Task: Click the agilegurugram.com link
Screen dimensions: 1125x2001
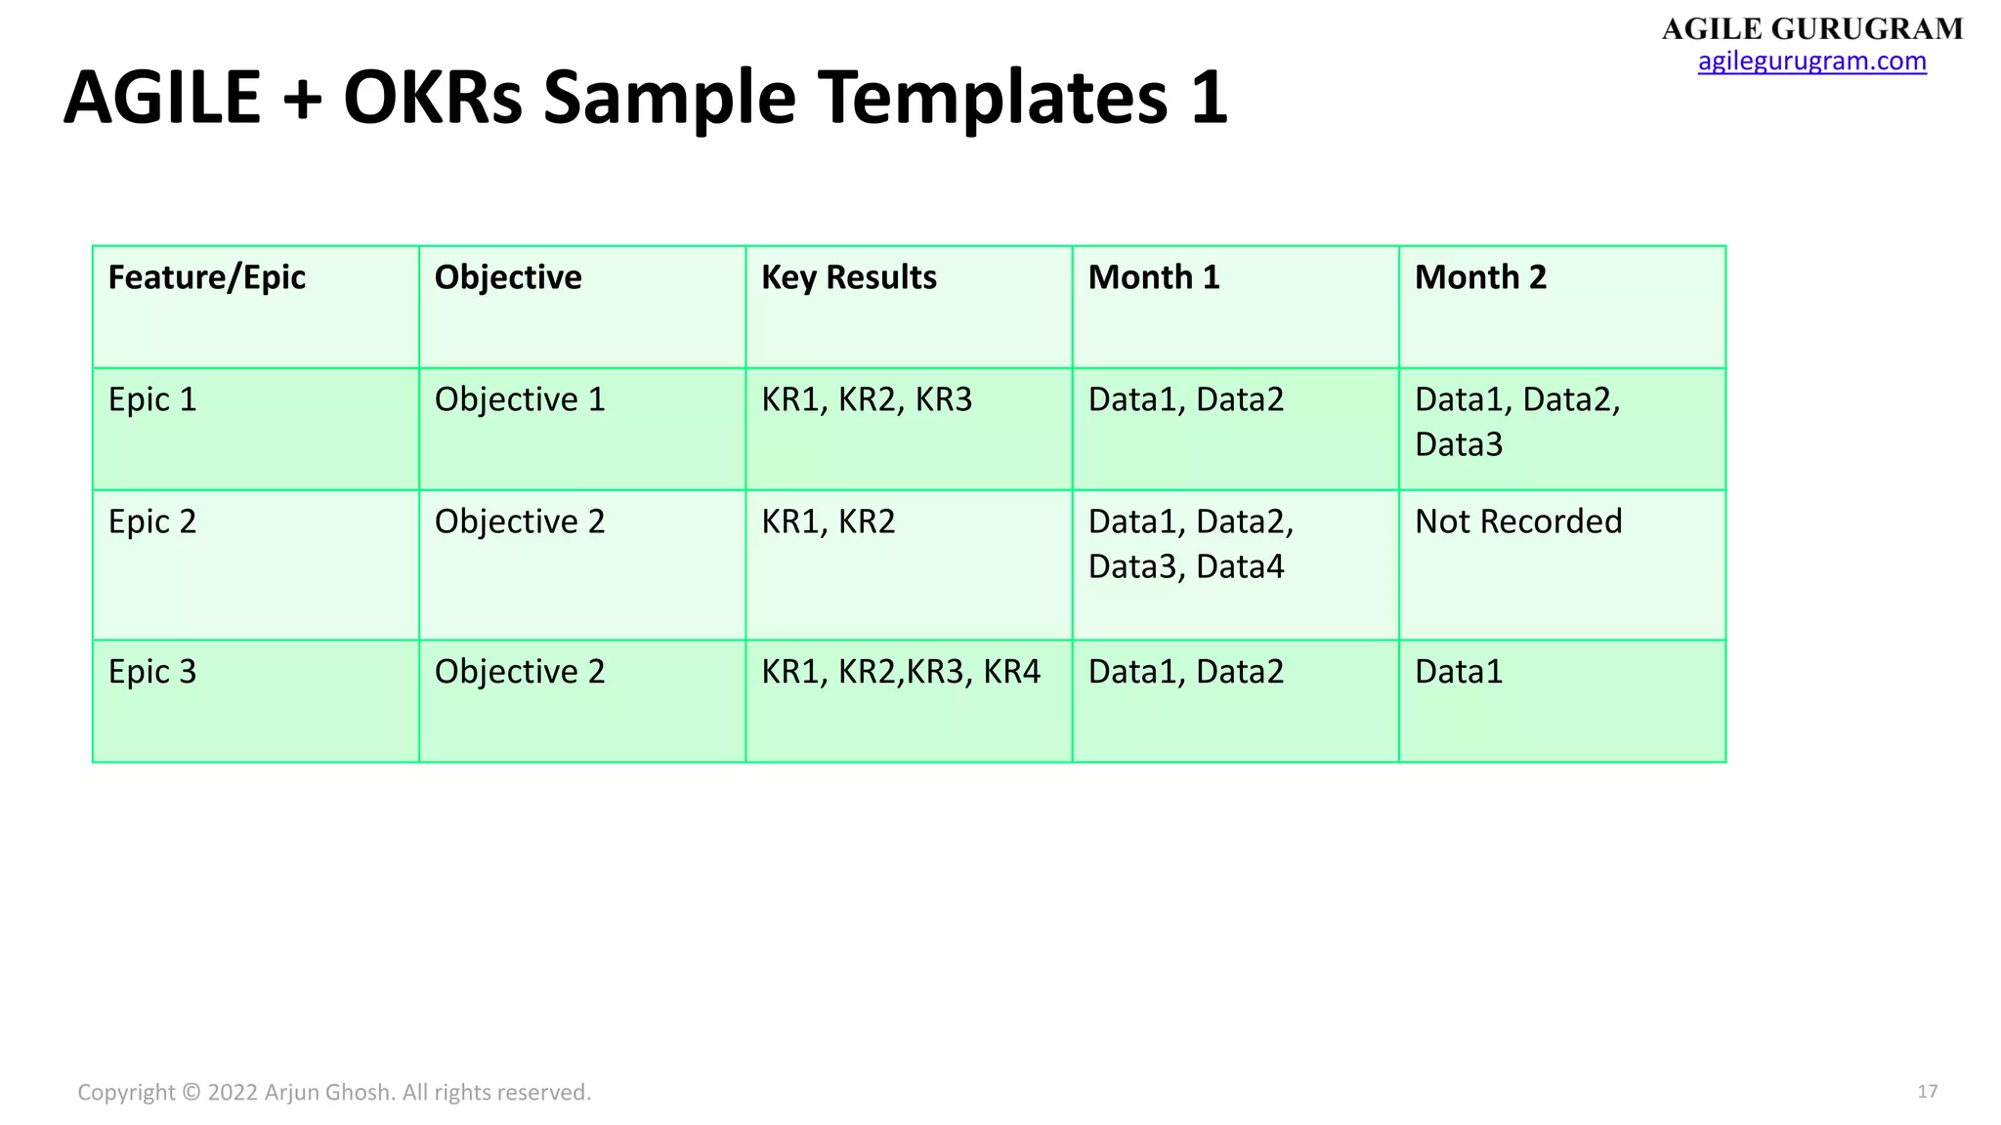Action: point(1811,62)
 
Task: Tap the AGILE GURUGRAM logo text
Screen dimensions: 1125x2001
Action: point(1812,29)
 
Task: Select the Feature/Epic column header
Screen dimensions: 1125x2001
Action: point(207,277)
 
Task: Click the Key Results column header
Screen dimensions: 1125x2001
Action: point(848,277)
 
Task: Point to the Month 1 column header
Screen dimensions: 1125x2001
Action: point(1154,277)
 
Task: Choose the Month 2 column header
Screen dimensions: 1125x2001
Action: point(1480,277)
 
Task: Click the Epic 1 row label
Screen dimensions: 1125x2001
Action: point(152,399)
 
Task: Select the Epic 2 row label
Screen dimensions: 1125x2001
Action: point(152,521)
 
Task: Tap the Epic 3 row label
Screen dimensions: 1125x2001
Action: point(152,672)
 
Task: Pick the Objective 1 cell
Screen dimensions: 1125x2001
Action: point(520,399)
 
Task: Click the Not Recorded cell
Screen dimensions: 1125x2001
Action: point(1518,521)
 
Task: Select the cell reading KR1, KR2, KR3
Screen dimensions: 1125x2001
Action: point(867,399)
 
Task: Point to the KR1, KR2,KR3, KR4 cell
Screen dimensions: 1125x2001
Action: point(900,672)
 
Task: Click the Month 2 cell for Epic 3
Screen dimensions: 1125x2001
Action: point(1459,672)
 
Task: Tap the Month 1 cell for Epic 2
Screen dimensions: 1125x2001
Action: point(1190,544)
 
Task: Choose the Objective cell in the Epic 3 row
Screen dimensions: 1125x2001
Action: point(520,672)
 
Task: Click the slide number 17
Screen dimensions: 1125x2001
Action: point(1927,1092)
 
